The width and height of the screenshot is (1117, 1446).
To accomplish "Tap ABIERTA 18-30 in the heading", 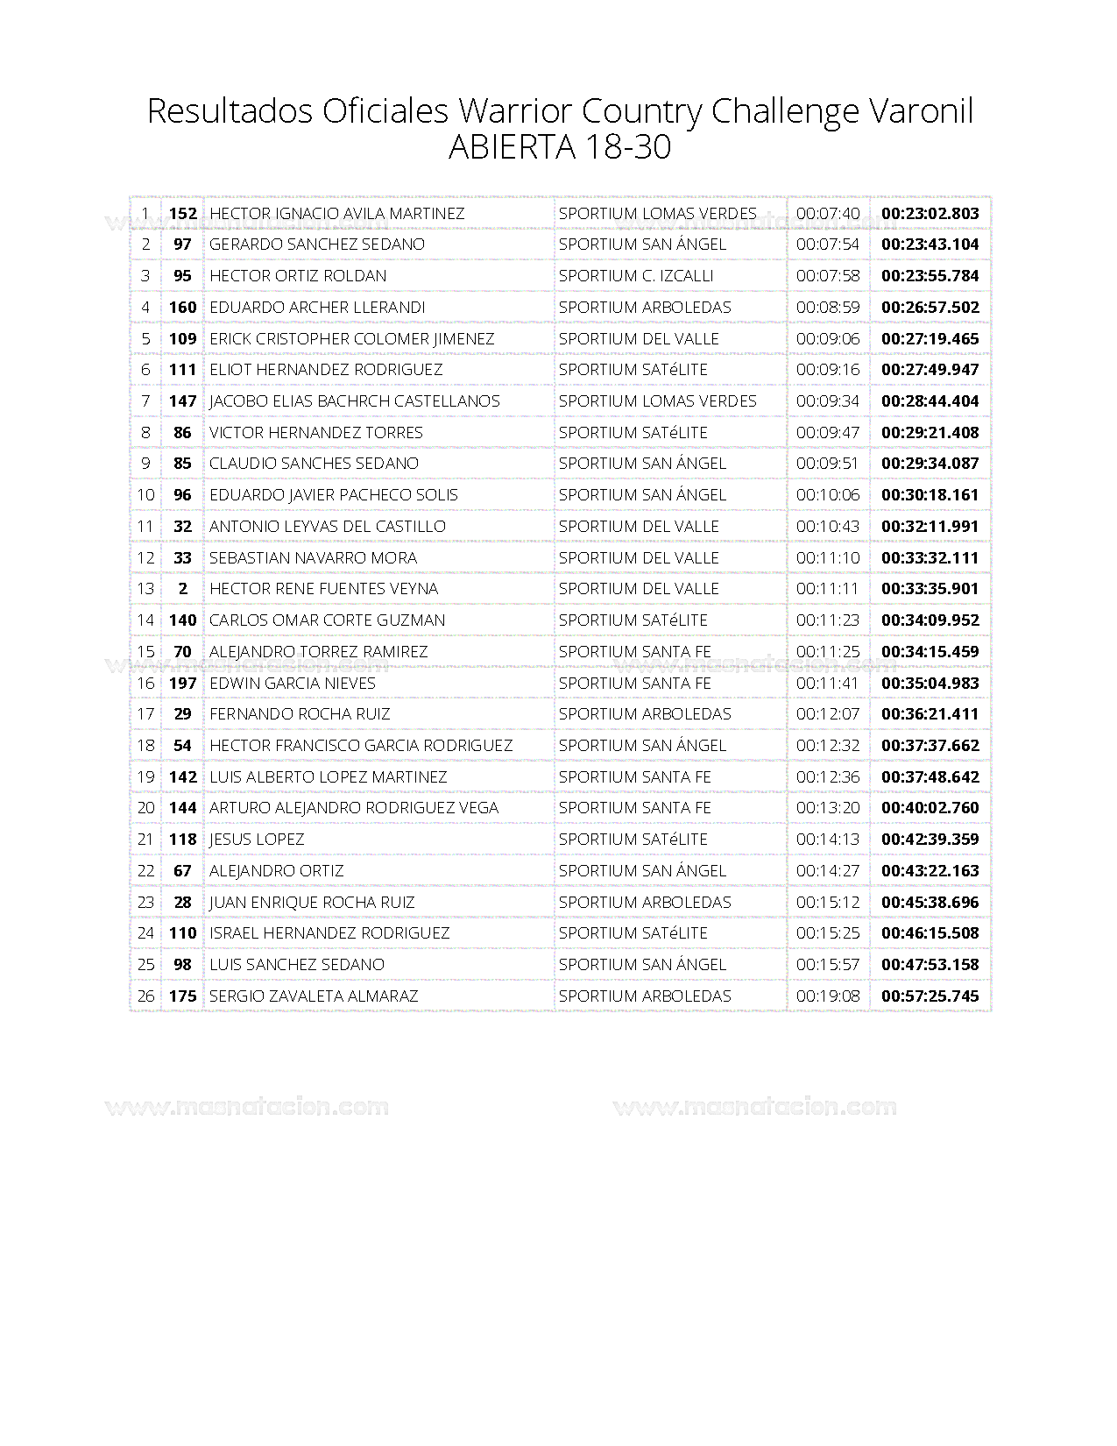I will (x=559, y=147).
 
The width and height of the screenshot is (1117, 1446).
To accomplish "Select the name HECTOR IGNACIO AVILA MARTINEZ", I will (x=336, y=213).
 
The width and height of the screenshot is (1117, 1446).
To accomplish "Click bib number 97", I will (x=182, y=245).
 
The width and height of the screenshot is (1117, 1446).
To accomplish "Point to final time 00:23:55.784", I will (x=930, y=276).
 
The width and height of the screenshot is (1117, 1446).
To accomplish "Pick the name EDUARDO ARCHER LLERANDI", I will (x=317, y=308).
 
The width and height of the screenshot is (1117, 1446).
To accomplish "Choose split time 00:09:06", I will (x=827, y=338).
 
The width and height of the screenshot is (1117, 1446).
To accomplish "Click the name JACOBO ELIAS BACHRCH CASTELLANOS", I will (x=354, y=401).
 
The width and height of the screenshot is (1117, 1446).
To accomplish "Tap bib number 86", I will (x=182, y=432).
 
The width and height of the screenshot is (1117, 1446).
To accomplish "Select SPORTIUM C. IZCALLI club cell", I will (x=635, y=276).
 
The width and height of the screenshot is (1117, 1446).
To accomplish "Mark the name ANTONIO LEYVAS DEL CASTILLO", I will (x=327, y=526).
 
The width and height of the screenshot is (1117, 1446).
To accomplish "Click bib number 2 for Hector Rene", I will (x=182, y=589).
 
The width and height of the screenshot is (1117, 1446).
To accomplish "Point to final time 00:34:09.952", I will (x=930, y=620).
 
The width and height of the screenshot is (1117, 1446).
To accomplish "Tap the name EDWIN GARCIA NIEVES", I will (x=292, y=683).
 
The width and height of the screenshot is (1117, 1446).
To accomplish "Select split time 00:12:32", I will (x=827, y=746).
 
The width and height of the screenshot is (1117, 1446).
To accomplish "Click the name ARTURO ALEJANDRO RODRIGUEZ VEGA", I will (x=353, y=808).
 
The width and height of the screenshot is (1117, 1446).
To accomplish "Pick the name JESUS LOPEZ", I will (x=257, y=840).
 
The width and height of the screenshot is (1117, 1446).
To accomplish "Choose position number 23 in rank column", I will (x=145, y=902).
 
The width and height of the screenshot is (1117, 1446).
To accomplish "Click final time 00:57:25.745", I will (x=930, y=996).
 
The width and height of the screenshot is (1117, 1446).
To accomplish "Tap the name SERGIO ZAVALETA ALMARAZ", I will (x=313, y=996).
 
